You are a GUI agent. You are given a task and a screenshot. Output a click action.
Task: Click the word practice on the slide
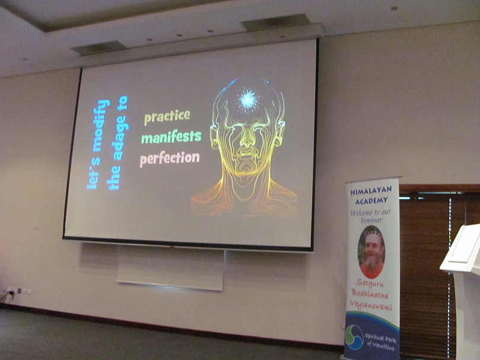167,117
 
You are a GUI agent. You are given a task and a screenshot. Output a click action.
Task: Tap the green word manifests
171,136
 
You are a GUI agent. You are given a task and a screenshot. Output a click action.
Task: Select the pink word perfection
170,159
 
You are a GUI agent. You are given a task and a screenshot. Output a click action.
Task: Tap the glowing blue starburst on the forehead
248,100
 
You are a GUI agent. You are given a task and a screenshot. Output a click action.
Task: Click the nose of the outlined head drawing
246,141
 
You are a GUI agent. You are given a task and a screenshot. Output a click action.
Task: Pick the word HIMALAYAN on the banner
371,192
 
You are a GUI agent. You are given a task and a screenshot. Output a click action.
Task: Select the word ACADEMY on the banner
371,201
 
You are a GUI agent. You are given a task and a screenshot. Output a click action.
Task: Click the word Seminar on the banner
371,220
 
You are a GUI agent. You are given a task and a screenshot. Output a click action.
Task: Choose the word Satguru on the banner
370,283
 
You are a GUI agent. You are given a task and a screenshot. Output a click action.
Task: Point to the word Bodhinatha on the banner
370,294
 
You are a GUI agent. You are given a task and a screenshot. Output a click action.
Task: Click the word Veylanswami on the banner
370,305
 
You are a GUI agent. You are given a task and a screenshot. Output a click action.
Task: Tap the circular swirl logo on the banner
354,337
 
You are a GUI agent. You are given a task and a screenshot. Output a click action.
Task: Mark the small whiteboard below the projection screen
170,267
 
